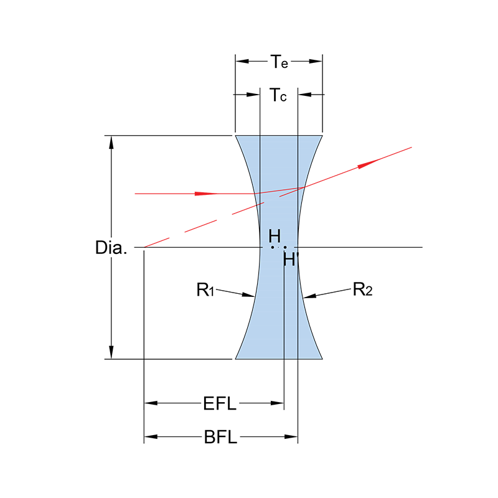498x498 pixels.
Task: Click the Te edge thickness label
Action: point(278,62)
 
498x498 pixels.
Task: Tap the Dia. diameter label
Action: point(111,248)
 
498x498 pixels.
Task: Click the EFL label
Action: point(220,404)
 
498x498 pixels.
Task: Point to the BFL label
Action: point(220,438)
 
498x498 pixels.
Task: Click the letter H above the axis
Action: point(275,236)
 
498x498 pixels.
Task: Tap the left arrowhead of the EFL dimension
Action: point(150,403)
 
